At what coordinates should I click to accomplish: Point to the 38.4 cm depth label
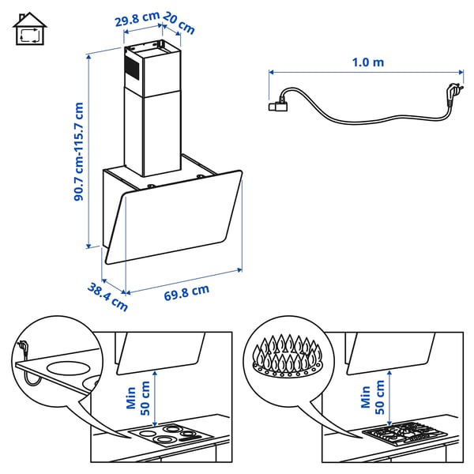point(107,294)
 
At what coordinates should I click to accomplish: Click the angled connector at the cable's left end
point(279,101)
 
